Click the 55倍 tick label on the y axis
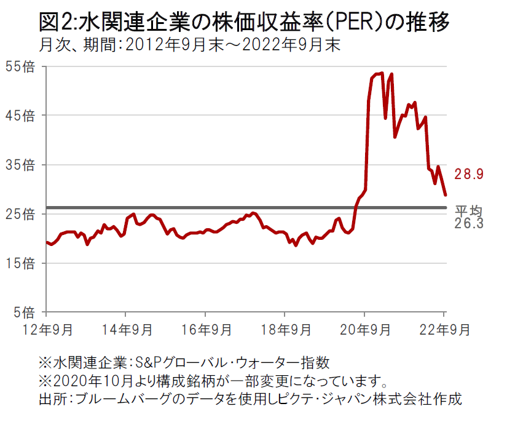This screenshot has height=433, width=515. pos(20,66)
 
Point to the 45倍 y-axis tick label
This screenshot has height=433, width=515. pos(20,116)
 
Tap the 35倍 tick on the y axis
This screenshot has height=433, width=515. pos(20,165)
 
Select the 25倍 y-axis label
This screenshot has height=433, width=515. pos(20,214)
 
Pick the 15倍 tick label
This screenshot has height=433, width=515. pos(20,263)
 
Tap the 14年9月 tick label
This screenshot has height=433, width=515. pos(127,330)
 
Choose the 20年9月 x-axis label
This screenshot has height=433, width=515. pos(364,330)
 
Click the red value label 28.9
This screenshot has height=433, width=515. pos(469,174)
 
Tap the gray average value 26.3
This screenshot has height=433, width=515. pos(469,224)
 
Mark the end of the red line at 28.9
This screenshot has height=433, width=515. pos(446,195)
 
